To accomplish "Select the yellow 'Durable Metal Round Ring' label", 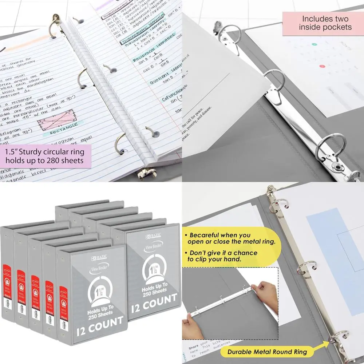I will (x=267, y=352).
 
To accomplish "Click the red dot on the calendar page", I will (x=321, y=66).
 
